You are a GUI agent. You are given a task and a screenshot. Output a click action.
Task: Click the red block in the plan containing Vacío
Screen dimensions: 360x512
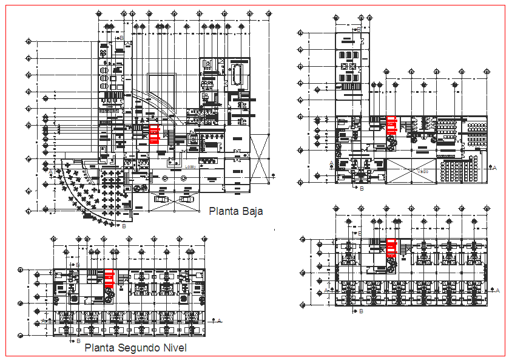(392, 126)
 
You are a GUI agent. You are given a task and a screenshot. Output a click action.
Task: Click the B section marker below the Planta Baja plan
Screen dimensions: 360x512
(124, 226)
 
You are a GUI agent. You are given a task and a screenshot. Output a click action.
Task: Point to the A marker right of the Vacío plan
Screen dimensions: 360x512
(495, 167)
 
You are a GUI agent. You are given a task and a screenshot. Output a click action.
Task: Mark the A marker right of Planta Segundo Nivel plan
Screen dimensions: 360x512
(220, 319)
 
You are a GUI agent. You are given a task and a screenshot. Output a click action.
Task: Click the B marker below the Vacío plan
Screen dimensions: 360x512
(362, 189)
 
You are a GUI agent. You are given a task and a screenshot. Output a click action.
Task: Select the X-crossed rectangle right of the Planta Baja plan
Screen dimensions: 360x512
(260, 157)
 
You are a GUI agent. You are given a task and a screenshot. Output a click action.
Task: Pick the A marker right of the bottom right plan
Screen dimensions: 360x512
(497, 291)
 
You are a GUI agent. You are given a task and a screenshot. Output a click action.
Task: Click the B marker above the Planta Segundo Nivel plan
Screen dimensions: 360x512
(77, 266)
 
